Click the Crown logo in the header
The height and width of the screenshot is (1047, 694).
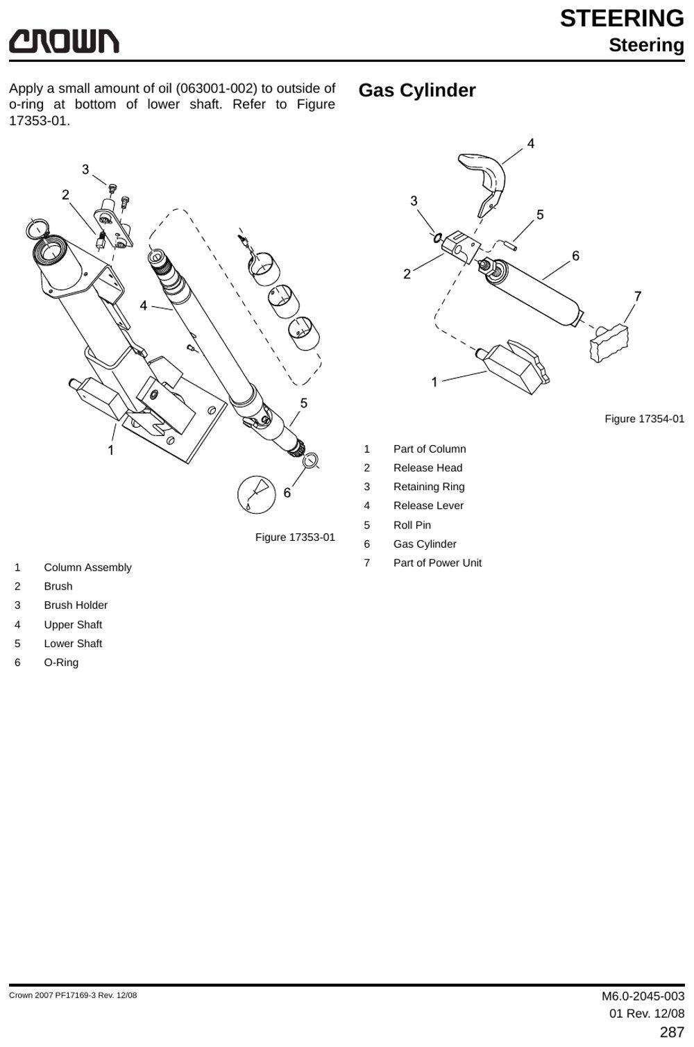(64, 41)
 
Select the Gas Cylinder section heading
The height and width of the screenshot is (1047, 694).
(417, 90)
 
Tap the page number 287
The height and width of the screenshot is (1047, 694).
(672, 1032)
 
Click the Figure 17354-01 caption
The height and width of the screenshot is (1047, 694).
(645, 419)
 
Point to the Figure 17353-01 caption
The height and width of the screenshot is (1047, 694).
(295, 537)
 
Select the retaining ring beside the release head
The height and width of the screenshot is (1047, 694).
(437, 237)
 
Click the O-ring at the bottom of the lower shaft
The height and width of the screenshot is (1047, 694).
(311, 460)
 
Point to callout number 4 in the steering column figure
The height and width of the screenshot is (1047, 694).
(144, 305)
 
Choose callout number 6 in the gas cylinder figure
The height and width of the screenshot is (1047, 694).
(576, 256)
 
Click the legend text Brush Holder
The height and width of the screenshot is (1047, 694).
(76, 605)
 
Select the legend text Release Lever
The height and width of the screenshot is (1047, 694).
(429, 505)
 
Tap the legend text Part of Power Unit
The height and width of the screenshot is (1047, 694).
(437, 563)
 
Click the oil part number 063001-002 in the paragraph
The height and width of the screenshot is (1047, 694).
(217, 88)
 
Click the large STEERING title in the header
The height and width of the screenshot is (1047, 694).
(622, 19)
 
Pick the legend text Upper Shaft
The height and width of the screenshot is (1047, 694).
(73, 624)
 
